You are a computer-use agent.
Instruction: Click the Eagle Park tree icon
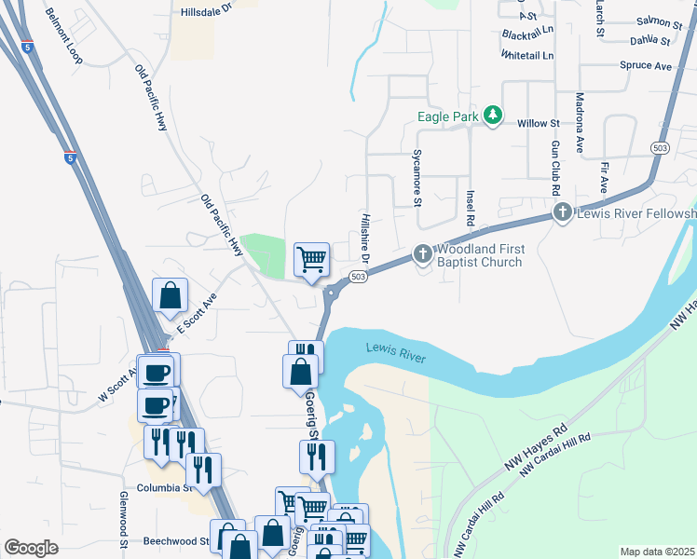click(x=493, y=116)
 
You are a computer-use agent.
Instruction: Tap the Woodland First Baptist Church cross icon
click(x=422, y=253)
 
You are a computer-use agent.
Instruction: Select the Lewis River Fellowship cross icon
click(x=562, y=213)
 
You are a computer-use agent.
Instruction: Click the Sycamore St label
click(x=417, y=183)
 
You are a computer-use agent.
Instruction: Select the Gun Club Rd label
click(x=554, y=169)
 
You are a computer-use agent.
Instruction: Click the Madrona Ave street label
click(x=580, y=123)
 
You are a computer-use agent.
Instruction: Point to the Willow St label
click(x=538, y=123)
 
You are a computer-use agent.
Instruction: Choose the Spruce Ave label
click(x=646, y=66)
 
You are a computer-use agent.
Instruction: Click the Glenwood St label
click(x=122, y=519)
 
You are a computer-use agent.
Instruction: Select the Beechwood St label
click(x=176, y=540)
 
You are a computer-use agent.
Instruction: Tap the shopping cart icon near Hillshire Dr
click(x=311, y=258)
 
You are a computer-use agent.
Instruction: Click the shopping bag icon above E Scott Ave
click(x=171, y=295)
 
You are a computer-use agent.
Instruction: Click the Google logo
click(x=32, y=548)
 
